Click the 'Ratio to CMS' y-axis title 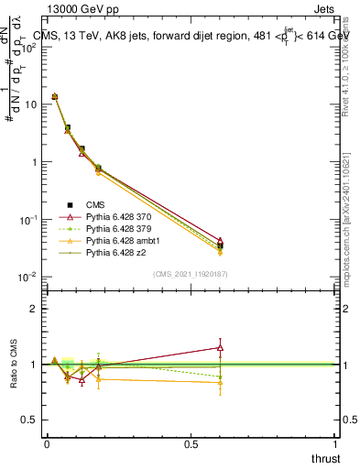click(x=14, y=364)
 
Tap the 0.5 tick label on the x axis click(x=191, y=443)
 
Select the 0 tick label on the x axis click(x=47, y=443)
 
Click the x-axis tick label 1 click(x=334, y=443)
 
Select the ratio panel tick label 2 click(x=34, y=309)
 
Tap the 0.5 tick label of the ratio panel click(x=29, y=420)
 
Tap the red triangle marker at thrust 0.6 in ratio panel click(x=220, y=347)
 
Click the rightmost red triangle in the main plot click(x=220, y=241)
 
